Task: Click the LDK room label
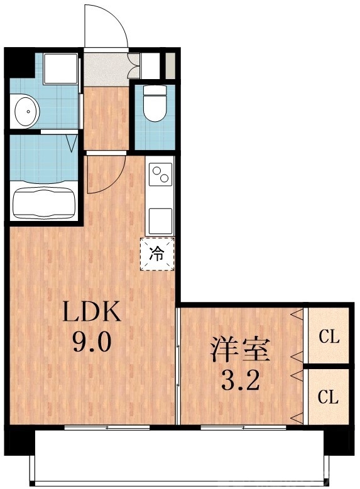[x=89, y=312]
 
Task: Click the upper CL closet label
[x=329, y=338]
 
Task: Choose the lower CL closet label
[x=329, y=397]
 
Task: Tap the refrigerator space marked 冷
[x=157, y=254]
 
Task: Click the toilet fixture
[x=153, y=104]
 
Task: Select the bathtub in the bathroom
[x=44, y=200]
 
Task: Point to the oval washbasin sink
[x=26, y=112]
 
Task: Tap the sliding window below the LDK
[x=107, y=427]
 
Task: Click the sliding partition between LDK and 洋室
[x=178, y=364]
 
